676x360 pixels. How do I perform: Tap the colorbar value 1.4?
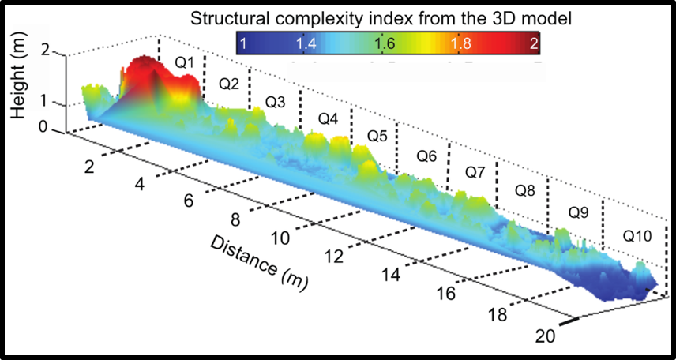point(306,45)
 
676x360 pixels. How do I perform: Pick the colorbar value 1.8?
point(460,45)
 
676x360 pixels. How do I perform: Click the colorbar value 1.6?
point(385,45)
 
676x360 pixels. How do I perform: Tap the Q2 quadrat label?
point(229,83)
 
